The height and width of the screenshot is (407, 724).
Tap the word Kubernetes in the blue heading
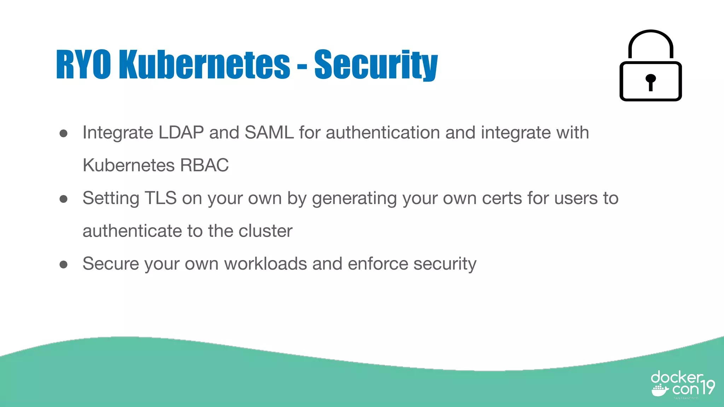(204, 64)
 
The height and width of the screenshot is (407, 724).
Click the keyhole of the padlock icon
(650, 81)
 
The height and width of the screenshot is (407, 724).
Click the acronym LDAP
(181, 133)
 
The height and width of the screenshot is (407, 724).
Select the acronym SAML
(269, 133)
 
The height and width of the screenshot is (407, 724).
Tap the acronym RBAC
(204, 165)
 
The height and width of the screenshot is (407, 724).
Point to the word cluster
(265, 231)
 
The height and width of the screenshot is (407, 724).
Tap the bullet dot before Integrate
(64, 133)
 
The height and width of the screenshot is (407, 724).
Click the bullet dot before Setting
(64, 199)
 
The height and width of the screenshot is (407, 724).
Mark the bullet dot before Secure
(64, 264)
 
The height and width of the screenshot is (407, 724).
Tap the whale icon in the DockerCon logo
(660, 390)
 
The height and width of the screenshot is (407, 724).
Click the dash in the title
(302, 66)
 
